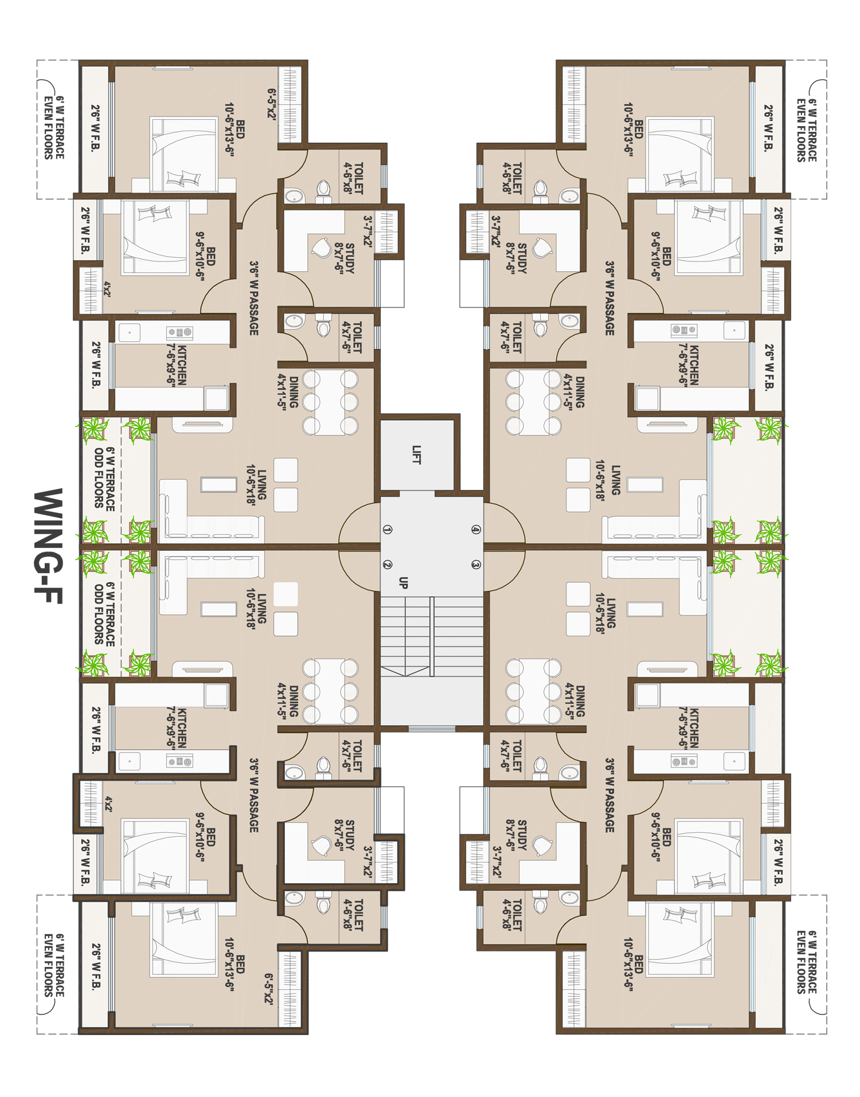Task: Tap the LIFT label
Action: pos(417,455)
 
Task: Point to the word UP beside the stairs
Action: pos(403,583)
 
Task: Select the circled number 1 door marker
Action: pos(388,530)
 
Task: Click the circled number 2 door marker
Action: pos(388,565)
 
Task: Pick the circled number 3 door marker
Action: pos(476,565)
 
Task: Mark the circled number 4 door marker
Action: pos(476,530)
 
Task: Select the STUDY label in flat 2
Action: pos(345,834)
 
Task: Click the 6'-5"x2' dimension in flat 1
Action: pos(271,104)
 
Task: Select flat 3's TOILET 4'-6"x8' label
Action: pos(512,915)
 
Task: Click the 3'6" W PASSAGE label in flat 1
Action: pos(253,298)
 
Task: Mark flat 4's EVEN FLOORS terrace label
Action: pos(806,130)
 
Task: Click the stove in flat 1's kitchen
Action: pos(179,332)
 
